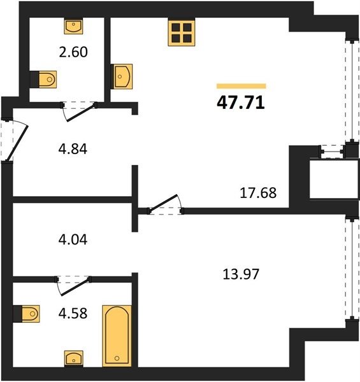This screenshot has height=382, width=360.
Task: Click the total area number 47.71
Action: (x=241, y=103)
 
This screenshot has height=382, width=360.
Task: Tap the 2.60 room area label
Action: (x=73, y=52)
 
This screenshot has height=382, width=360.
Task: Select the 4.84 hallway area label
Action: (x=73, y=149)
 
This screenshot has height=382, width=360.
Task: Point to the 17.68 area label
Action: (x=258, y=193)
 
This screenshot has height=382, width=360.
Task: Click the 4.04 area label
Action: (x=73, y=239)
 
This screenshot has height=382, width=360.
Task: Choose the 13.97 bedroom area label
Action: (x=241, y=274)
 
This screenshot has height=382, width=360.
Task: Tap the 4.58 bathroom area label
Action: (x=73, y=313)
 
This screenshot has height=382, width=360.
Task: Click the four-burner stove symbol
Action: (x=182, y=33)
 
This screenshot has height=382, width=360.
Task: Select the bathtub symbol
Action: (x=117, y=336)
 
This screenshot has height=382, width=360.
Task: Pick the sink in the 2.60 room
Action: (x=73, y=27)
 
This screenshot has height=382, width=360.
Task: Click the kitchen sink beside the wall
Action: (x=122, y=76)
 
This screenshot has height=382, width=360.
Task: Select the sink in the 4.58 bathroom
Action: (x=74, y=358)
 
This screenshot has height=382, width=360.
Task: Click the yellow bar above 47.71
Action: (x=241, y=86)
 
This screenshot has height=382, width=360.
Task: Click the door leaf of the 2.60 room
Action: (x=81, y=113)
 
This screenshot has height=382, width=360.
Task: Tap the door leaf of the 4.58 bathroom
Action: (x=75, y=287)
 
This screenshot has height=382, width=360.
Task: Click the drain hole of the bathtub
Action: (x=117, y=358)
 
